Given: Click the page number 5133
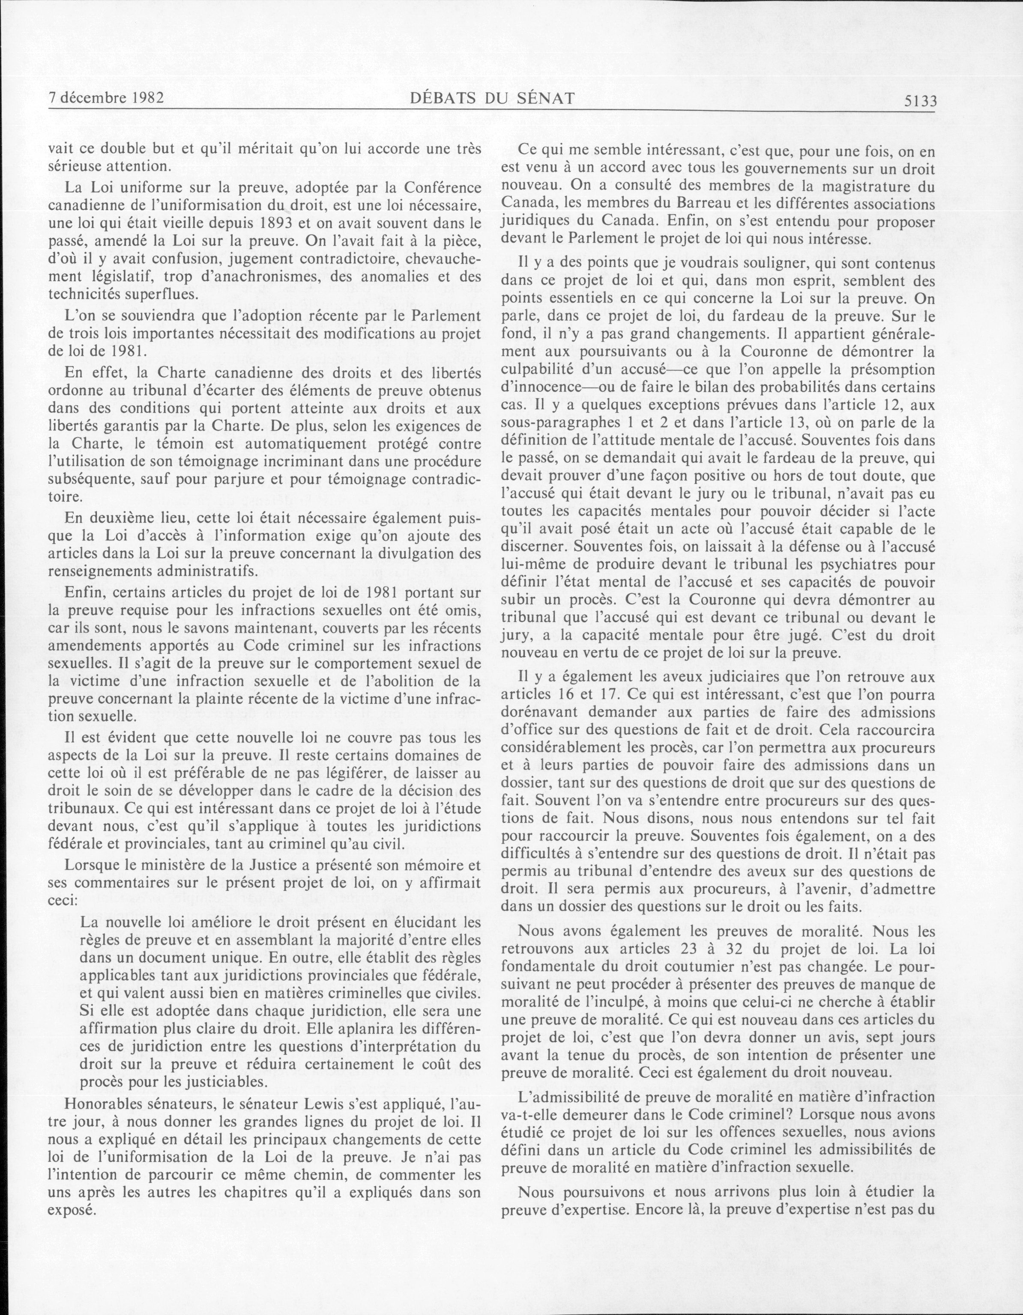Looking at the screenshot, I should pyautogui.click(x=920, y=101).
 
